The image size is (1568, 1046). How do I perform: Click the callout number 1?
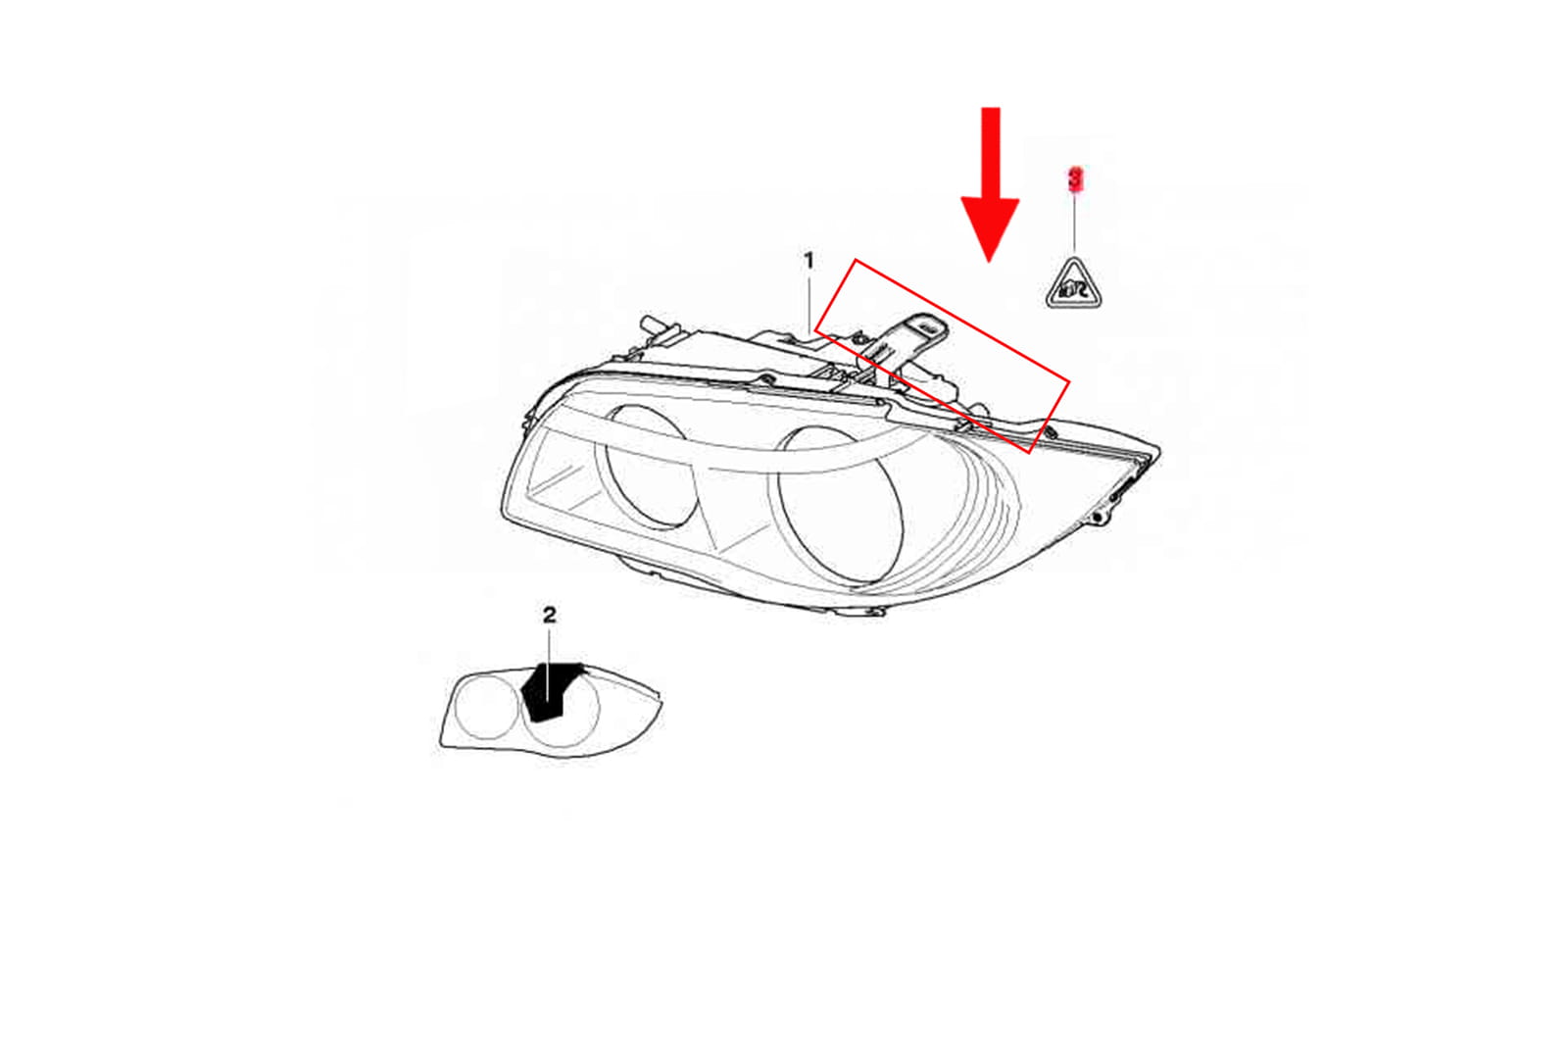pyautogui.click(x=808, y=261)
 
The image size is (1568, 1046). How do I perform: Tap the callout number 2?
pyautogui.click(x=550, y=615)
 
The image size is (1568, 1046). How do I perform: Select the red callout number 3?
pyautogui.click(x=1075, y=178)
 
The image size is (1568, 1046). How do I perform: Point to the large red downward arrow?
pyautogui.click(x=990, y=185)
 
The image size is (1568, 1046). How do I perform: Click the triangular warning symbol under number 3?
pyautogui.click(x=1074, y=284)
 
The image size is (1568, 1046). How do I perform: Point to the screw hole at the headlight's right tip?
pyautogui.click(x=1098, y=519)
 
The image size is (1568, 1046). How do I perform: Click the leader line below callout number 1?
pyautogui.click(x=809, y=304)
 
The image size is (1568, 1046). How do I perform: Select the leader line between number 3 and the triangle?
pyautogui.click(x=1074, y=223)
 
